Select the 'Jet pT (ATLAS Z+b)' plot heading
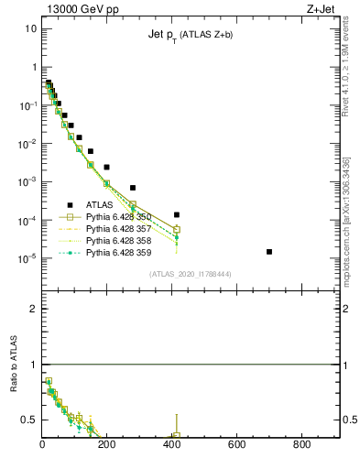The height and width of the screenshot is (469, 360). tap(191, 35)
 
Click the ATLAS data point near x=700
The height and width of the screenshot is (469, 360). tap(269, 251)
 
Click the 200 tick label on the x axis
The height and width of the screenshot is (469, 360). tap(107, 446)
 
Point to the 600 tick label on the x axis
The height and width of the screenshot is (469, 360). tap(237, 446)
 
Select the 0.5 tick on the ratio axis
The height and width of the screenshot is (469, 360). tap(29, 420)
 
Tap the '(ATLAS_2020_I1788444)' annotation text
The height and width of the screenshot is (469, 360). tap(191, 274)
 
